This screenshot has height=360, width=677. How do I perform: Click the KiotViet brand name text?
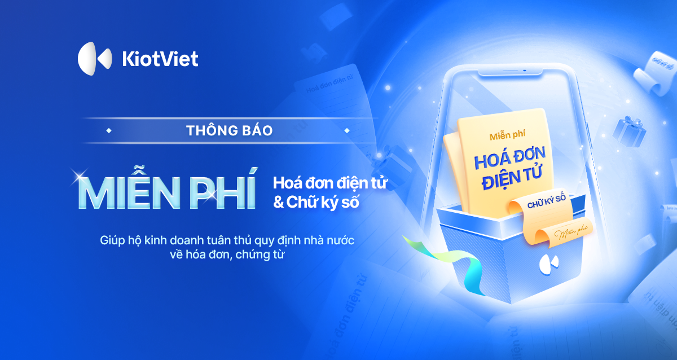coord(160,59)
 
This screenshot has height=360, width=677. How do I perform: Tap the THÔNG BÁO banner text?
coord(229,130)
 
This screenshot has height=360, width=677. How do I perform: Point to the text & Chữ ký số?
coord(316,203)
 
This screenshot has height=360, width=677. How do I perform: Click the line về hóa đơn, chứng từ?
coord(228,256)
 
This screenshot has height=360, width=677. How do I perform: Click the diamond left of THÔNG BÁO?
coord(108,130)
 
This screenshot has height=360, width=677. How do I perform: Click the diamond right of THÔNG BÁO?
coord(346,130)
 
